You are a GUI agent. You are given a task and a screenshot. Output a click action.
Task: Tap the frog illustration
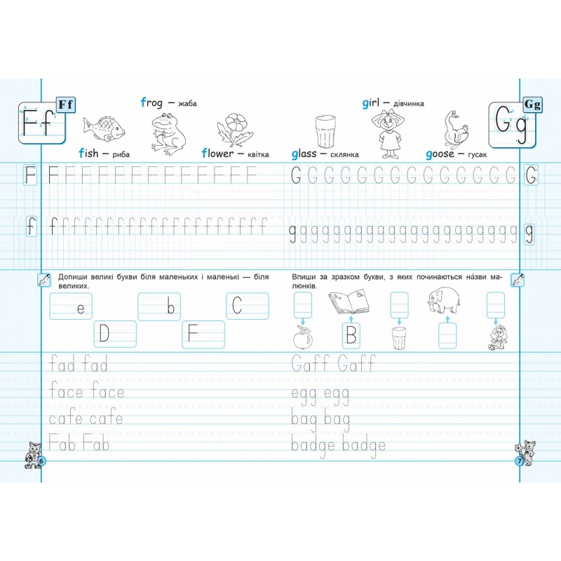[168, 133]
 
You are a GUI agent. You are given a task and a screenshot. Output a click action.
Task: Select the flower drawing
[234, 129]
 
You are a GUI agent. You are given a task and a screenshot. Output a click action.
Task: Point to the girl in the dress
[388, 133]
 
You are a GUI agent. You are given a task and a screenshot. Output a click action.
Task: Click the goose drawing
[455, 129]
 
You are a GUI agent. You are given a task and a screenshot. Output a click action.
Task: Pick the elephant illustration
[444, 299]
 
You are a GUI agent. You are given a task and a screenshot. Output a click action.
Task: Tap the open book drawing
[349, 301]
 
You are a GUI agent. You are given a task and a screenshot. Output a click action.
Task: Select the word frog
[151, 103]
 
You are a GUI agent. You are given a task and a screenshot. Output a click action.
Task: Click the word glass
[304, 154]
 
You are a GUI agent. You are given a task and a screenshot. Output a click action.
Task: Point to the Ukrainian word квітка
[258, 154]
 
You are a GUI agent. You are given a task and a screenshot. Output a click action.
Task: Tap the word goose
[440, 154]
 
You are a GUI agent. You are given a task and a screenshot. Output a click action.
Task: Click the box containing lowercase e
[71, 306]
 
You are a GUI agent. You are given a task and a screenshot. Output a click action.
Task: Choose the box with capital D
[115, 334]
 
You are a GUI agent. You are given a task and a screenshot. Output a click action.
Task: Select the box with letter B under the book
[351, 336]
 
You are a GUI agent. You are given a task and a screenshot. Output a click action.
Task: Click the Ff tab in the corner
[66, 104]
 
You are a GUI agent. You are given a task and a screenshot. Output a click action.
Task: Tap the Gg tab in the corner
[532, 104]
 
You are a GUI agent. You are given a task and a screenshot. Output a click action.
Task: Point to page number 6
[41, 461]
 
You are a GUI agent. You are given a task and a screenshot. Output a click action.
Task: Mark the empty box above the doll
[496, 305]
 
